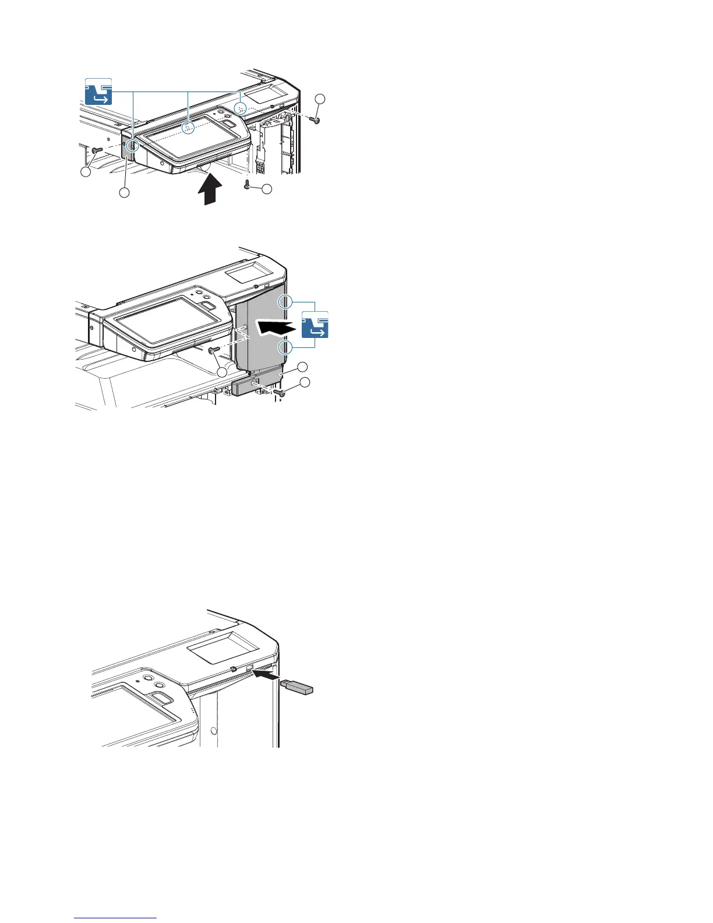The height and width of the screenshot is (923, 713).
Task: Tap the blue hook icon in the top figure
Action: tap(98, 91)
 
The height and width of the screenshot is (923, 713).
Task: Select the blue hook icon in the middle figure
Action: tap(315, 325)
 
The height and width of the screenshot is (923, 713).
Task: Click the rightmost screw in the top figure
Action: tap(316, 119)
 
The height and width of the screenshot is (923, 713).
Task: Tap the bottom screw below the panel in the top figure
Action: tap(247, 185)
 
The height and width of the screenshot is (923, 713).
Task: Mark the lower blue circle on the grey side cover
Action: tap(285, 348)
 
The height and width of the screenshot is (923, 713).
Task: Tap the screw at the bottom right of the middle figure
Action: tap(281, 393)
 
